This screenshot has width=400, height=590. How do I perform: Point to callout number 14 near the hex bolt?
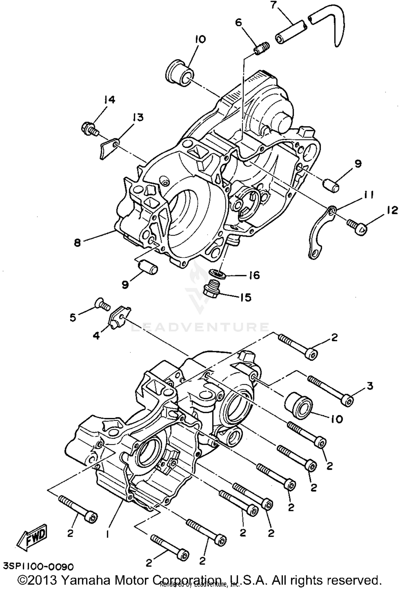[x=109, y=100]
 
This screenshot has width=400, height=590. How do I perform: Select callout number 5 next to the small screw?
[x=73, y=318]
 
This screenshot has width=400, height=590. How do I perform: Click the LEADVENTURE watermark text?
[x=200, y=327]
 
